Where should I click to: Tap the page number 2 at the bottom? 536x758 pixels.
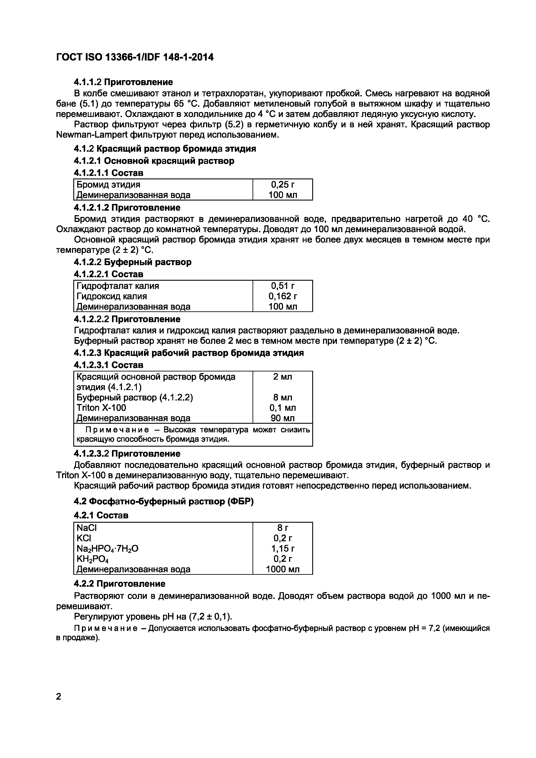pyautogui.click(x=59, y=697)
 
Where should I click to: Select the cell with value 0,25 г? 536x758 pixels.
pyautogui.click(x=282, y=185)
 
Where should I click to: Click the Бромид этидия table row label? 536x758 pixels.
pyautogui.click(x=108, y=185)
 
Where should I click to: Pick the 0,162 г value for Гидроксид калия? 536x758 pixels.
pyautogui.click(x=282, y=296)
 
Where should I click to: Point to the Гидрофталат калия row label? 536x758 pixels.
pyautogui.click(x=118, y=286)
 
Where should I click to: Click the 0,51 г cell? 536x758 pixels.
pyautogui.click(x=282, y=286)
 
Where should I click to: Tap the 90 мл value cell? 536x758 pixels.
pyautogui.click(x=282, y=418)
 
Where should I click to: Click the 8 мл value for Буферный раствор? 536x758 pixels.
pyautogui.click(x=282, y=398)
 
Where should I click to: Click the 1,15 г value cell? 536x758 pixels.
pyautogui.click(x=282, y=548)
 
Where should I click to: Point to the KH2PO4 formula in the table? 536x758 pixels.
pyautogui.click(x=93, y=559)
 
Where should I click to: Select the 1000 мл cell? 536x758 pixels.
pyautogui.click(x=282, y=570)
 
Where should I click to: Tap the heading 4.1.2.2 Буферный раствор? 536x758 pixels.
pyautogui.click(x=132, y=262)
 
